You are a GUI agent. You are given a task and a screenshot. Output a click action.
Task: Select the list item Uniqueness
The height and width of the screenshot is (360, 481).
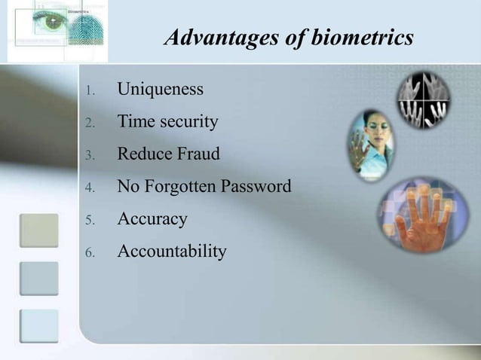(160, 90)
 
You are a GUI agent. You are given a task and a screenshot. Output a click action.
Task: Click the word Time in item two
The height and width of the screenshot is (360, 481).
(134, 121)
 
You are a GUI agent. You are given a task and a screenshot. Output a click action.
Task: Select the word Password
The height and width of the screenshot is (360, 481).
(257, 186)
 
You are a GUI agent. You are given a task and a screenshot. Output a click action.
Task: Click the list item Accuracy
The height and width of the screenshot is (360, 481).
(152, 219)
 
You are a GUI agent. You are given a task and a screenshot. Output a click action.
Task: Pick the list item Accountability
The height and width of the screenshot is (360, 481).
(171, 251)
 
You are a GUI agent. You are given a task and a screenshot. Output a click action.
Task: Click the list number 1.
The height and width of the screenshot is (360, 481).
(87, 92)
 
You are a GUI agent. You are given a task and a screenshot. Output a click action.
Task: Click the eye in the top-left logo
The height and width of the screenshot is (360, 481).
(54, 23)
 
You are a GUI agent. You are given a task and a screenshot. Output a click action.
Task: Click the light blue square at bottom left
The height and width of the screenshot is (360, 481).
(39, 326)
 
